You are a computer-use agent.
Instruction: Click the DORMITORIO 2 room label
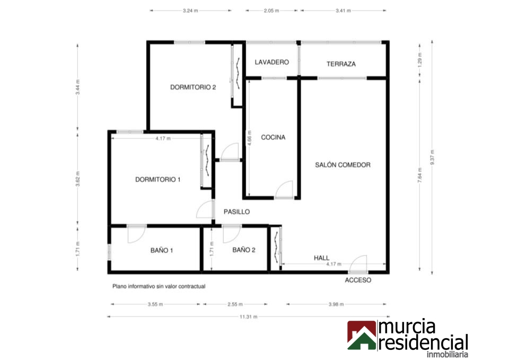193,87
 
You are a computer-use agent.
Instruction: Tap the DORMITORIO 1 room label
158,180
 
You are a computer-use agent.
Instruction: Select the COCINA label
273,137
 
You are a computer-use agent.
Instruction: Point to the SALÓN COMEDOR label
343,165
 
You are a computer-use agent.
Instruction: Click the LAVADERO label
271,62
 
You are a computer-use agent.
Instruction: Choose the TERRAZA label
341,64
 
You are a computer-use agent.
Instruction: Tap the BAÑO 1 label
162,250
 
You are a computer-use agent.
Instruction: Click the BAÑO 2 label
244,250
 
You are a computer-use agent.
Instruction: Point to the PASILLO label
236,212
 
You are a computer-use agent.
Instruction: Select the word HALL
322,258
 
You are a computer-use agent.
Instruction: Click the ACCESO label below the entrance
358,280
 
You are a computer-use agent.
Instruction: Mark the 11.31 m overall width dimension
249,317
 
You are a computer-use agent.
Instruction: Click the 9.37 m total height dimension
432,157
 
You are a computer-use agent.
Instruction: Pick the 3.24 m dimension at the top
190,11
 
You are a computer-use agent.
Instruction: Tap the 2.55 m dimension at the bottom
235,304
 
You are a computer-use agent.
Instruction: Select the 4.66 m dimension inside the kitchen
249,138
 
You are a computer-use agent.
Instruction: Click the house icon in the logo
362,335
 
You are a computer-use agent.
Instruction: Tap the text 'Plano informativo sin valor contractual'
159,286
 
